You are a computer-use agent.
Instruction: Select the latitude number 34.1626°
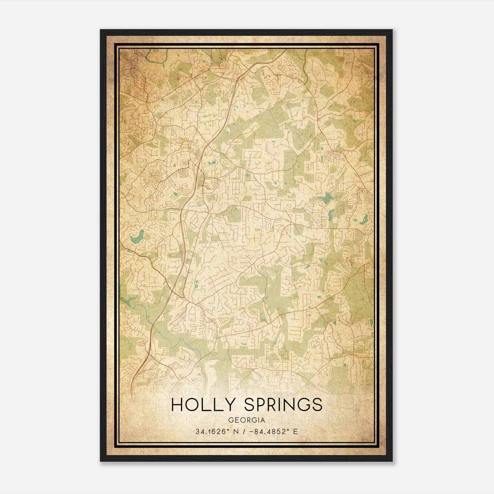click(x=211, y=432)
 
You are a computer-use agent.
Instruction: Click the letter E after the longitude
click(x=295, y=432)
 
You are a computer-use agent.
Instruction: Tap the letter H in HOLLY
click(x=177, y=405)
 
